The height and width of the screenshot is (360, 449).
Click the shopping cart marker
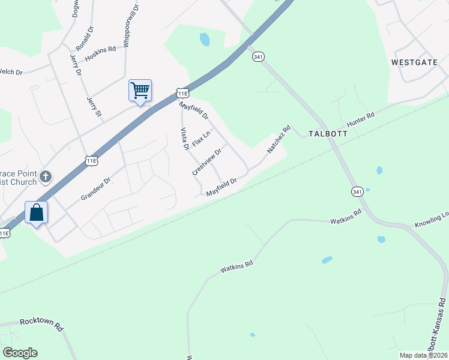140,91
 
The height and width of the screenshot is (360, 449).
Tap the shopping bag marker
36,213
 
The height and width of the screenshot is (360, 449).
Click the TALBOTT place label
328,133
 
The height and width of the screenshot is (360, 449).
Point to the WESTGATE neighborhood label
414,62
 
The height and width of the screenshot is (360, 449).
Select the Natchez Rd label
279,139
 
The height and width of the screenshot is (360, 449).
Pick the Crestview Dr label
207,161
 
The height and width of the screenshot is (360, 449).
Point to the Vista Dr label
185,139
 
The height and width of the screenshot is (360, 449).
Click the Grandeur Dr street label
96,189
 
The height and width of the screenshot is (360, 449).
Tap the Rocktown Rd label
41,324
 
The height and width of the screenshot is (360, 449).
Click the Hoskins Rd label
100,53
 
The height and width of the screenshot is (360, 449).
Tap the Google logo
20,353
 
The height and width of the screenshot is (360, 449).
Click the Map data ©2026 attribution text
423,355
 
